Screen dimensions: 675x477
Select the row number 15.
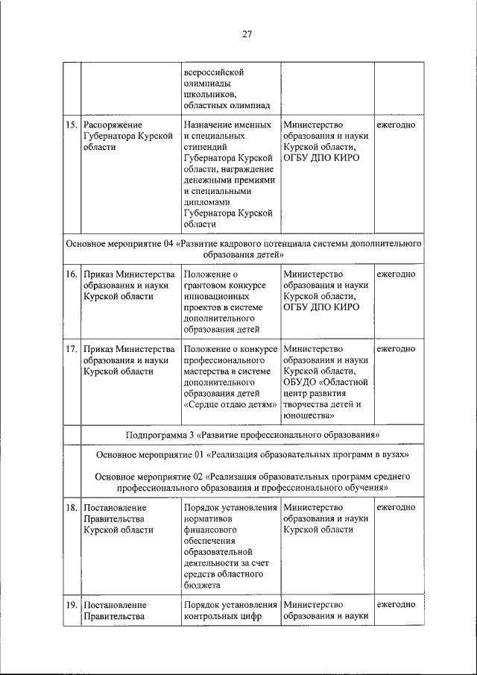(71, 125)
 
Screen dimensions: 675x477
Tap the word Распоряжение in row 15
(113, 125)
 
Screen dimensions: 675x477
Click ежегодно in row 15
(396, 125)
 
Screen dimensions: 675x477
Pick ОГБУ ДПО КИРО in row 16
(321, 307)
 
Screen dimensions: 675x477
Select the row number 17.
(71, 348)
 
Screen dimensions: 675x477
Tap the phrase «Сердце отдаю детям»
(230, 404)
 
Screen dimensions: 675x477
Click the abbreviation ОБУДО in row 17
(300, 382)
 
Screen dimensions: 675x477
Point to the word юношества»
(308, 415)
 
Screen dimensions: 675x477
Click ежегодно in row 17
(396, 348)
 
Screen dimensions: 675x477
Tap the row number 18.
(71, 507)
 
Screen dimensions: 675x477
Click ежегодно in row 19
(396, 605)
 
